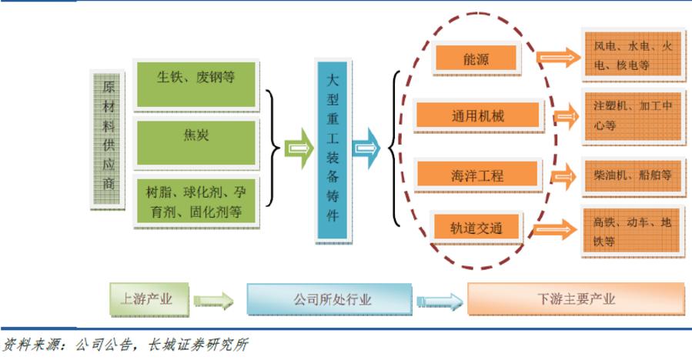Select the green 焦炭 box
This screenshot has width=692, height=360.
pos(196,137)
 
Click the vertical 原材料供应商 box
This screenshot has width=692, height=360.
pos(108,140)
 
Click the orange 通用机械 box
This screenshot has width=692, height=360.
pos(476,115)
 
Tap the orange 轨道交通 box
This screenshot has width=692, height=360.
pos(476,228)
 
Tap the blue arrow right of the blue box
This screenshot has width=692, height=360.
pos(366,146)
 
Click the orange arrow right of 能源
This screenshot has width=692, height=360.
pos(559,58)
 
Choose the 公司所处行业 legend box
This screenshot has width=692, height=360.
pos(333,299)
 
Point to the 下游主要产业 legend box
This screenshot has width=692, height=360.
pos(576,299)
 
